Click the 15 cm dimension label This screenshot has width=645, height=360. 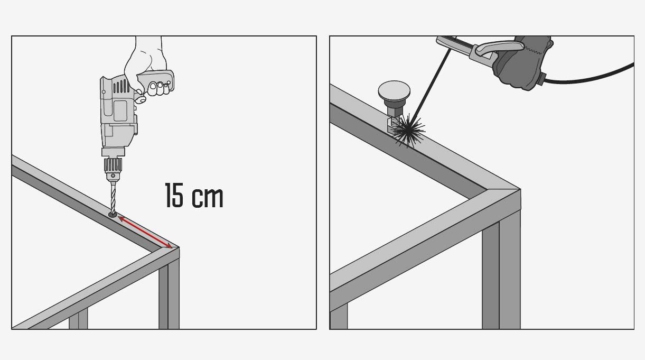click(194, 196)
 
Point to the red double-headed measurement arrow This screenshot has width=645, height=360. click(145, 232)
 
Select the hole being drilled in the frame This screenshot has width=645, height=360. click(113, 215)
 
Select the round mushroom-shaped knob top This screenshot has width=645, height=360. click(394, 90)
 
